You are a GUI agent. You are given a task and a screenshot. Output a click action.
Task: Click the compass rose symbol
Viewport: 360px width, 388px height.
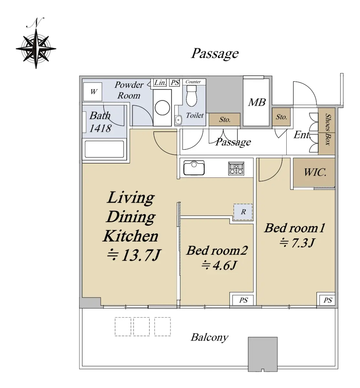(x=36, y=48)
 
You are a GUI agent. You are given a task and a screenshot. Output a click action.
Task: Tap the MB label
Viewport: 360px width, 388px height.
(x=257, y=102)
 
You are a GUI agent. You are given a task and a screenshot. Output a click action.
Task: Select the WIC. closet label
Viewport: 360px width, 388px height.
(x=314, y=172)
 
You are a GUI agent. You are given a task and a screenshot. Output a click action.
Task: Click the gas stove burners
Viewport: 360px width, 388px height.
(x=236, y=168)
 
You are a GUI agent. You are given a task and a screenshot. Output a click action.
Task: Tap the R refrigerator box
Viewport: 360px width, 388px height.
(x=243, y=212)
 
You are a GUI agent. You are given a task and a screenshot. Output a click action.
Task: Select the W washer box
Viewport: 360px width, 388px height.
(x=93, y=92)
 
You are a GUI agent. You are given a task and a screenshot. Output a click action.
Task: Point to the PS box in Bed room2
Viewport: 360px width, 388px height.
(x=243, y=300)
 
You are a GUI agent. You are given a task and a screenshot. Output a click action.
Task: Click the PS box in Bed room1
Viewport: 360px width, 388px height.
(x=327, y=300)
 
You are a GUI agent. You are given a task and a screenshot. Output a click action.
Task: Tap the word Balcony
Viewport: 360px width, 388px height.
(x=209, y=337)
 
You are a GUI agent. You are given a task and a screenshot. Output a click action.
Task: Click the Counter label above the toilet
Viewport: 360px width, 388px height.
(x=193, y=82)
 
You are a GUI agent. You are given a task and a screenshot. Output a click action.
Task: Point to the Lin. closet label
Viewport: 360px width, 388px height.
(x=160, y=82)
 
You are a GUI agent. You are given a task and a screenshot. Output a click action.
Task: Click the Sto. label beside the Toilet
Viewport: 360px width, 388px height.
(x=225, y=120)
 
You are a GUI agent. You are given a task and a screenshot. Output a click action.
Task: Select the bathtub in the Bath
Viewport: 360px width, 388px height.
(x=104, y=149)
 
